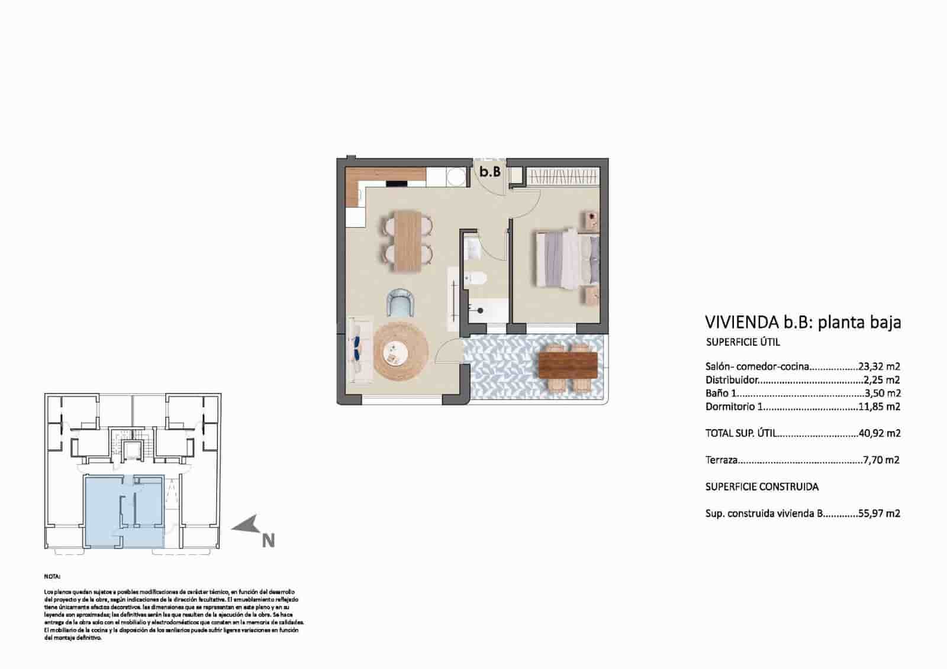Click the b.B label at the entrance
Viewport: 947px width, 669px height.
pos(490,172)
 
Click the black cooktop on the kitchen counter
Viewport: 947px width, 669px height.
pos(397,184)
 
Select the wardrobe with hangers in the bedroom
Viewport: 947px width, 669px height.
pos(562,176)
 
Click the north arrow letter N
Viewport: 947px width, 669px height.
pos(268,541)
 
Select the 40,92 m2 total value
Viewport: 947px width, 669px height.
pos(879,433)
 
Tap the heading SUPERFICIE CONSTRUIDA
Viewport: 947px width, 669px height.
pos(762,487)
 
